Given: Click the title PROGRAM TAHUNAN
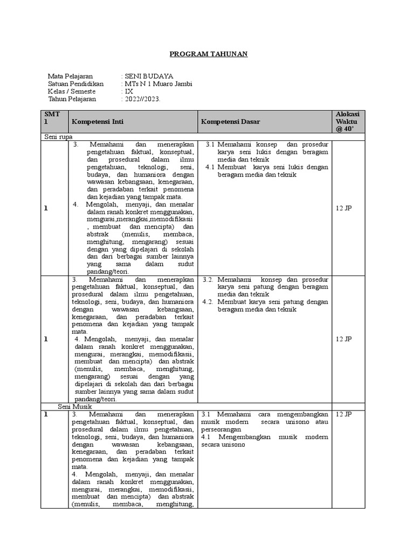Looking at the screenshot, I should point(209,55).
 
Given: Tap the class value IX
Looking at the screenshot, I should point(129,91).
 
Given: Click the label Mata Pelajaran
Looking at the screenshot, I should point(70,76).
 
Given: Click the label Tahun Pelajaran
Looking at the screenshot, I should point(72,99).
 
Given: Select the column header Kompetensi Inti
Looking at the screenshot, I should point(98,122).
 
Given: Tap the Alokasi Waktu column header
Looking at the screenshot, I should point(349,122).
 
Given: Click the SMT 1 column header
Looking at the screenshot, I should point(54,118).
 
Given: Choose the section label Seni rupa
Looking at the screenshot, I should point(59,137).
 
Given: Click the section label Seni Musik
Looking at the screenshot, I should point(75,406).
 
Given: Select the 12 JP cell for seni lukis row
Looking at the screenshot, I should point(344,208).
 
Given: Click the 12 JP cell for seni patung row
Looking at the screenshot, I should point(344,339).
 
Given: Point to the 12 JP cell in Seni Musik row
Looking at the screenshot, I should point(344,414).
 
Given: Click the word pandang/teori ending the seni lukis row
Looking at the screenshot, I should point(107,272).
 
